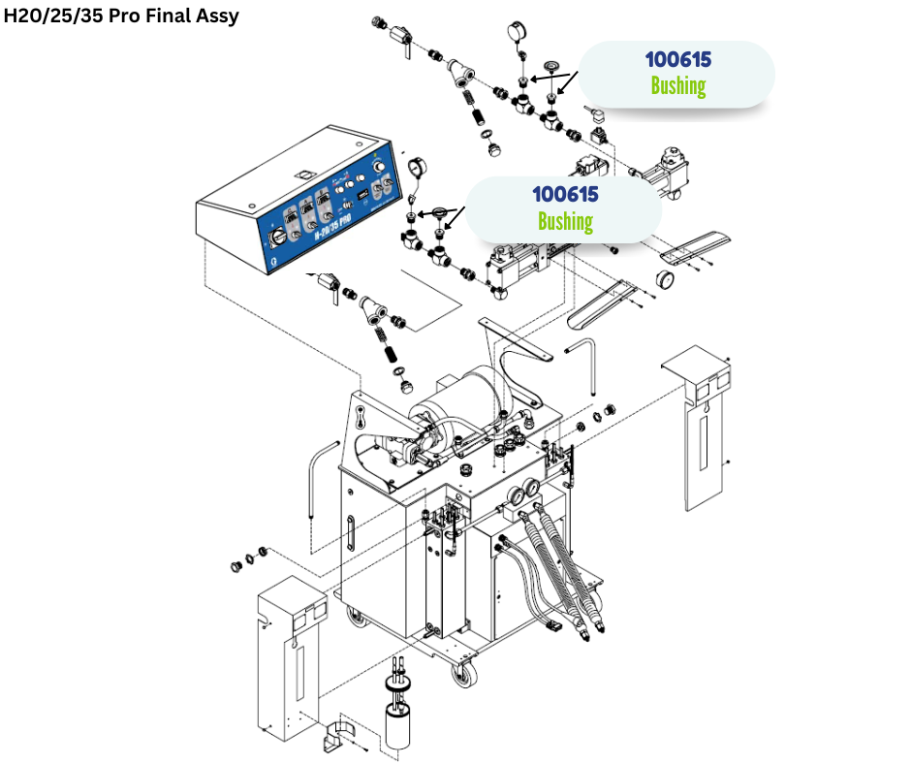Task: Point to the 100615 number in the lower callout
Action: click(565, 195)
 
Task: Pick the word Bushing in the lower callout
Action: click(565, 221)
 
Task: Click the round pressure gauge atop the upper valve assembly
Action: click(516, 31)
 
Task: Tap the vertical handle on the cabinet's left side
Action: click(350, 532)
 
